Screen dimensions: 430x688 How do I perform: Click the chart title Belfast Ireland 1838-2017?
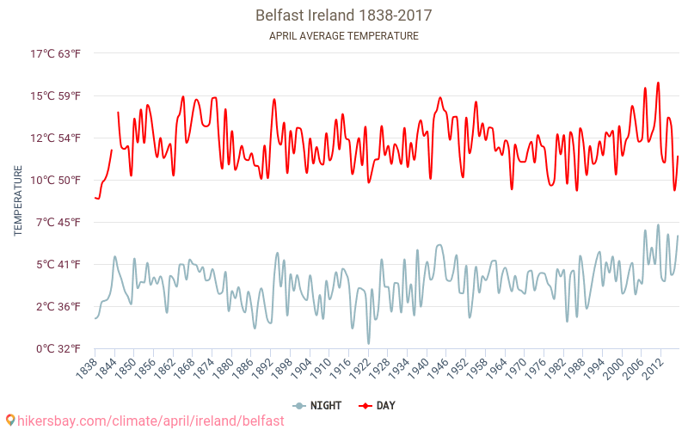coord(343,15)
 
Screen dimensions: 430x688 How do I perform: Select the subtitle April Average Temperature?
coord(343,36)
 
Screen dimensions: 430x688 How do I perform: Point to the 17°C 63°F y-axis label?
coord(56,53)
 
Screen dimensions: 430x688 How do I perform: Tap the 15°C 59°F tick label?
coord(56,95)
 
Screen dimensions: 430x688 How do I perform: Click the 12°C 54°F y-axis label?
coord(56,138)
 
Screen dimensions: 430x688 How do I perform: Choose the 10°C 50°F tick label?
coord(56,180)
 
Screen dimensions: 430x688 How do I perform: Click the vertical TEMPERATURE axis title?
coord(18,201)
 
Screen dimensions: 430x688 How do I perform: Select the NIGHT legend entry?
coord(318,405)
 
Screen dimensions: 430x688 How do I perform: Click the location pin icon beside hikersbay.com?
coord(9,420)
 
